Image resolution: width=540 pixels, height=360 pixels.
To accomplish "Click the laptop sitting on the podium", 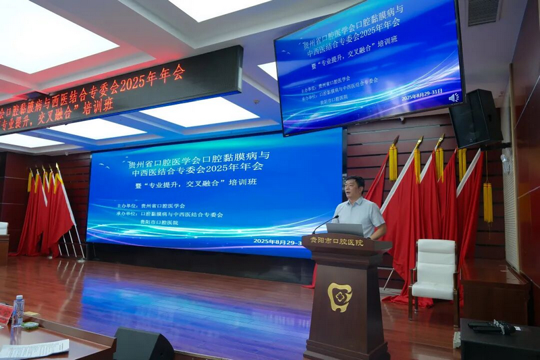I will pyautogui.click(x=345, y=229).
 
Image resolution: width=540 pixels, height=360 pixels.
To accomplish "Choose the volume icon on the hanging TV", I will pyautogui.click(x=454, y=97).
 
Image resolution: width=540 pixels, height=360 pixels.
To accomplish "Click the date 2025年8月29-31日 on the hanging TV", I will pyautogui.click(x=421, y=95).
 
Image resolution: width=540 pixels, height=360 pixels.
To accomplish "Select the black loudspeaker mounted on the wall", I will pyautogui.click(x=475, y=118).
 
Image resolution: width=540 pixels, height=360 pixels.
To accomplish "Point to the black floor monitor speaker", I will pyautogui.click(x=142, y=344).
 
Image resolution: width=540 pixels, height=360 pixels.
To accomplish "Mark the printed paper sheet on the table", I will pyautogui.click(x=35, y=349).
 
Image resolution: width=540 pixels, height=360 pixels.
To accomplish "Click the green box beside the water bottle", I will pyautogui.click(x=30, y=324).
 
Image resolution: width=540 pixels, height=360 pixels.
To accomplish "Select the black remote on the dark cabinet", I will pyautogui.click(x=488, y=327).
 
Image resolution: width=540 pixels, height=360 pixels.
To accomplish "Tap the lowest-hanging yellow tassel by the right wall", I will pyautogui.click(x=487, y=202).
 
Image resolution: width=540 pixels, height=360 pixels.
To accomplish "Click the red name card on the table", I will pyautogui.click(x=5, y=313).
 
